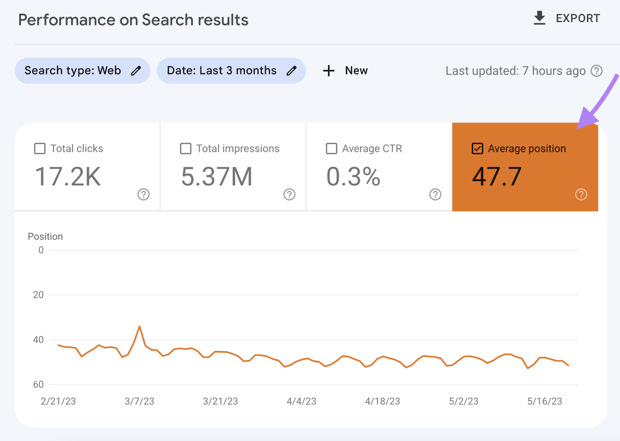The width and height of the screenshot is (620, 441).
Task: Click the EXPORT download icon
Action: (539, 18)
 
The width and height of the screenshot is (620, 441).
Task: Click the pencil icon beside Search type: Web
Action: (136, 71)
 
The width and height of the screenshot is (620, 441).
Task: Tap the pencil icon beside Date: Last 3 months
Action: (291, 71)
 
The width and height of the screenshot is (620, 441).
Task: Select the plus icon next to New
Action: (329, 71)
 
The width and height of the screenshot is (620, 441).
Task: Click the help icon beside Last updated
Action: (596, 71)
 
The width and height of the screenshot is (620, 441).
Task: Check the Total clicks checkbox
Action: (40, 148)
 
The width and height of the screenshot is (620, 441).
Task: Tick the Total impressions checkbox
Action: (186, 148)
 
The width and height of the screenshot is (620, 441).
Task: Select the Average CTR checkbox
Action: (331, 148)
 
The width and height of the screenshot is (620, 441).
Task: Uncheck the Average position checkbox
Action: (477, 148)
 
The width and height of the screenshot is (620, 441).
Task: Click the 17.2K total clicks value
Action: (68, 177)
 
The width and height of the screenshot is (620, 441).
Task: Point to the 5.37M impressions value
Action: (217, 177)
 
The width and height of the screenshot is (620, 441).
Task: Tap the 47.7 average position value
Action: (497, 177)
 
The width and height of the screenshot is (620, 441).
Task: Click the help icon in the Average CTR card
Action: (435, 195)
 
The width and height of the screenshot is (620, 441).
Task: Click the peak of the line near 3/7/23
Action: (139, 326)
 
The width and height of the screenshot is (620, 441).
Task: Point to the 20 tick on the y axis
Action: (38, 295)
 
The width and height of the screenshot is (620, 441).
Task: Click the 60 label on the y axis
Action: (38, 384)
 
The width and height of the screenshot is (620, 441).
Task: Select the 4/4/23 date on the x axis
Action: (301, 401)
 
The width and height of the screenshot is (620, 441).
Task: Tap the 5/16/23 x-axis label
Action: (544, 401)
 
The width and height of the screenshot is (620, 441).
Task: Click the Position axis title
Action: (45, 236)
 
